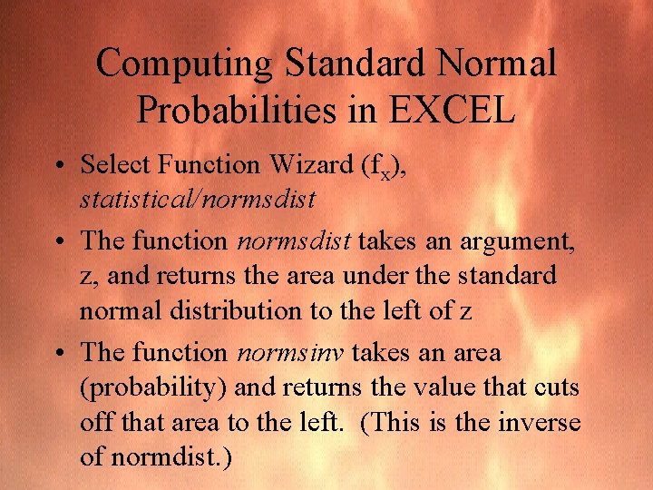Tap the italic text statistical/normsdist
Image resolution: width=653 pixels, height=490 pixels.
point(198,199)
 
